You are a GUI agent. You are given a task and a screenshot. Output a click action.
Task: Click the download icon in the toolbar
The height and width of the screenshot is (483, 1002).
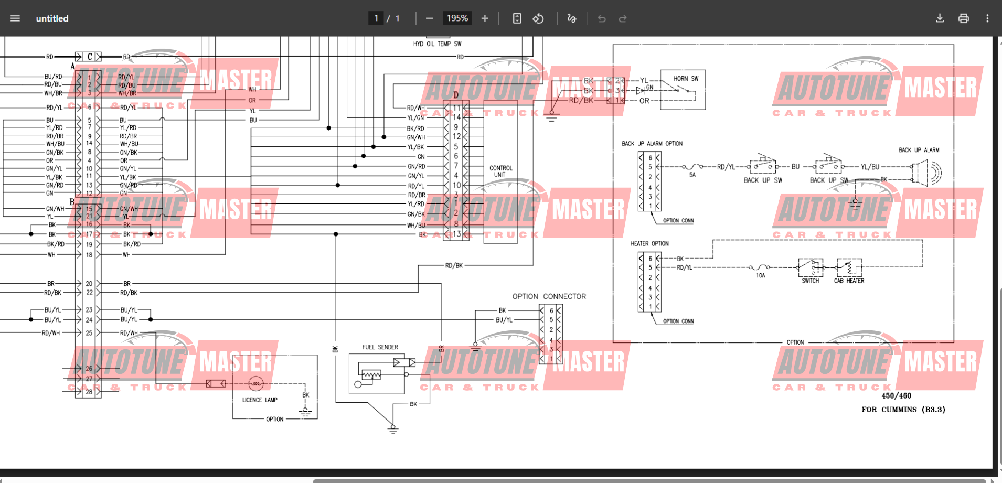[940, 18]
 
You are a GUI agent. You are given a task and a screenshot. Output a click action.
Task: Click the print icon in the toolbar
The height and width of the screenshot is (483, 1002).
[963, 18]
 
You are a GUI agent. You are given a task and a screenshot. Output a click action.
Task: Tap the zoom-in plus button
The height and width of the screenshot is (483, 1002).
[485, 18]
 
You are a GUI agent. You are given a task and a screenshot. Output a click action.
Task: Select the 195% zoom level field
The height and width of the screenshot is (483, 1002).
[457, 18]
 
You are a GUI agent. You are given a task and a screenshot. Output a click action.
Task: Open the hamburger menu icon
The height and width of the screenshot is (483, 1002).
[15, 18]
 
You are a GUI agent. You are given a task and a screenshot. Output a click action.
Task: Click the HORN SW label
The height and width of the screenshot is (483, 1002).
[686, 79]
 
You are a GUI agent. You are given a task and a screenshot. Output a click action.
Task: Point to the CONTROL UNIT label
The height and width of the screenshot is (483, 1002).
[500, 171]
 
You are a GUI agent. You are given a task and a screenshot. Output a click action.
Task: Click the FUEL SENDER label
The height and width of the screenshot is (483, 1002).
[380, 347]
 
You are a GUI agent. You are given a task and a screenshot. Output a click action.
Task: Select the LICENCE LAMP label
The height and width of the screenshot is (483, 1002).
[260, 400]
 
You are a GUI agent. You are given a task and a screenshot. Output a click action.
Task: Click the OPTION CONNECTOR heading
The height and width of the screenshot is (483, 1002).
[549, 297]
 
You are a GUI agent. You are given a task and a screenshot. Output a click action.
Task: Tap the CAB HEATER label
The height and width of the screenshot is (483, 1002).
[849, 281]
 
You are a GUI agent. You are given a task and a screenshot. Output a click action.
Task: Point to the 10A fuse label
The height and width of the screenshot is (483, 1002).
[760, 276]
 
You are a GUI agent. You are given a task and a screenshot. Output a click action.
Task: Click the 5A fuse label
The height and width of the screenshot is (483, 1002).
[692, 175]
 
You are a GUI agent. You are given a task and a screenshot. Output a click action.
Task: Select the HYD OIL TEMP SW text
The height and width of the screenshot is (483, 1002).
[437, 44]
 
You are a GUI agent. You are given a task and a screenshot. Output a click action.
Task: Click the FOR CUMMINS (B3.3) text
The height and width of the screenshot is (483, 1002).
[903, 410]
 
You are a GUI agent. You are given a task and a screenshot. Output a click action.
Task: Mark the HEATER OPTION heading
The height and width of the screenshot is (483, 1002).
[649, 244]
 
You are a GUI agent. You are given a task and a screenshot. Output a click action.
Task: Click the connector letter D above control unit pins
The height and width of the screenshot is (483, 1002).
[456, 95]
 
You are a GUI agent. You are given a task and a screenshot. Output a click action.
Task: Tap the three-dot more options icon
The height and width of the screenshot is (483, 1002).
[987, 18]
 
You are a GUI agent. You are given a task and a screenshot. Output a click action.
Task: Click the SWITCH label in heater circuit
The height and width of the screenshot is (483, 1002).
[810, 281]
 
